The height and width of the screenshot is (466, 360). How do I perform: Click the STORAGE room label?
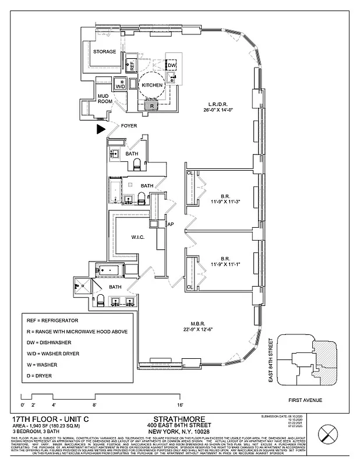click(105, 52)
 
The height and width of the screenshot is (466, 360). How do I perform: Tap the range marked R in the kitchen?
click(151, 105)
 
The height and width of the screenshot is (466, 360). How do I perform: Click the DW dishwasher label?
click(172, 65)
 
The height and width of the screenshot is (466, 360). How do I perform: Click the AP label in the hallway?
click(171, 224)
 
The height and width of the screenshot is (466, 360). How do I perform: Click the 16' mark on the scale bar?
click(181, 404)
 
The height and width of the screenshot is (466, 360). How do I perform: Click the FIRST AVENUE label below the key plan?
click(306, 400)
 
